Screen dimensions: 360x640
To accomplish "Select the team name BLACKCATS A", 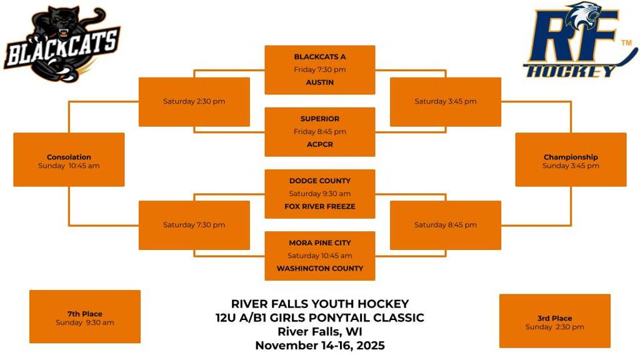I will tap(319, 57).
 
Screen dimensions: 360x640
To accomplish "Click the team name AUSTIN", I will tap(319, 82).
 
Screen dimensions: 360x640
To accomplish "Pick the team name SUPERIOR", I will tap(319, 119).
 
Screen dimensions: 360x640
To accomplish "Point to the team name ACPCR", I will tap(319, 144).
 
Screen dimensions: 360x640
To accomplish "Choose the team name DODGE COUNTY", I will tap(319, 181).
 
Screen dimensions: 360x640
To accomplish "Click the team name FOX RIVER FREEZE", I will tap(319, 206).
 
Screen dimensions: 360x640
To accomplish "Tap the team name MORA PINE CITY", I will tap(319, 242).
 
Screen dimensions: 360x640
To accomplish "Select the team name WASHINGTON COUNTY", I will tap(319, 268).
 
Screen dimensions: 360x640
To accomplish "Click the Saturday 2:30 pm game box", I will tap(194, 101).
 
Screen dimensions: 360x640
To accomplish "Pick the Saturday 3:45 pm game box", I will tap(445, 101).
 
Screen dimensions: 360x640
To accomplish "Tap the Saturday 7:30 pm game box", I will tap(194, 225).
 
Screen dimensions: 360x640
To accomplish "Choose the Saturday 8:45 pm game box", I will tap(445, 225).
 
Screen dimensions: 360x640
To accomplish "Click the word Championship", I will tap(571, 157).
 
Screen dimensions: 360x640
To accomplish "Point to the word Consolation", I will tap(69, 157).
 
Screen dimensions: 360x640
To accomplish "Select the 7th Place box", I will tap(85, 317).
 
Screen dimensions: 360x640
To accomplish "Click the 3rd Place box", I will tap(554, 321).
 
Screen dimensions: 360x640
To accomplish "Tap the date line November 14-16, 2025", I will tap(319, 346).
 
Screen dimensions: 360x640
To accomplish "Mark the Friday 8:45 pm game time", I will tap(319, 132).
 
